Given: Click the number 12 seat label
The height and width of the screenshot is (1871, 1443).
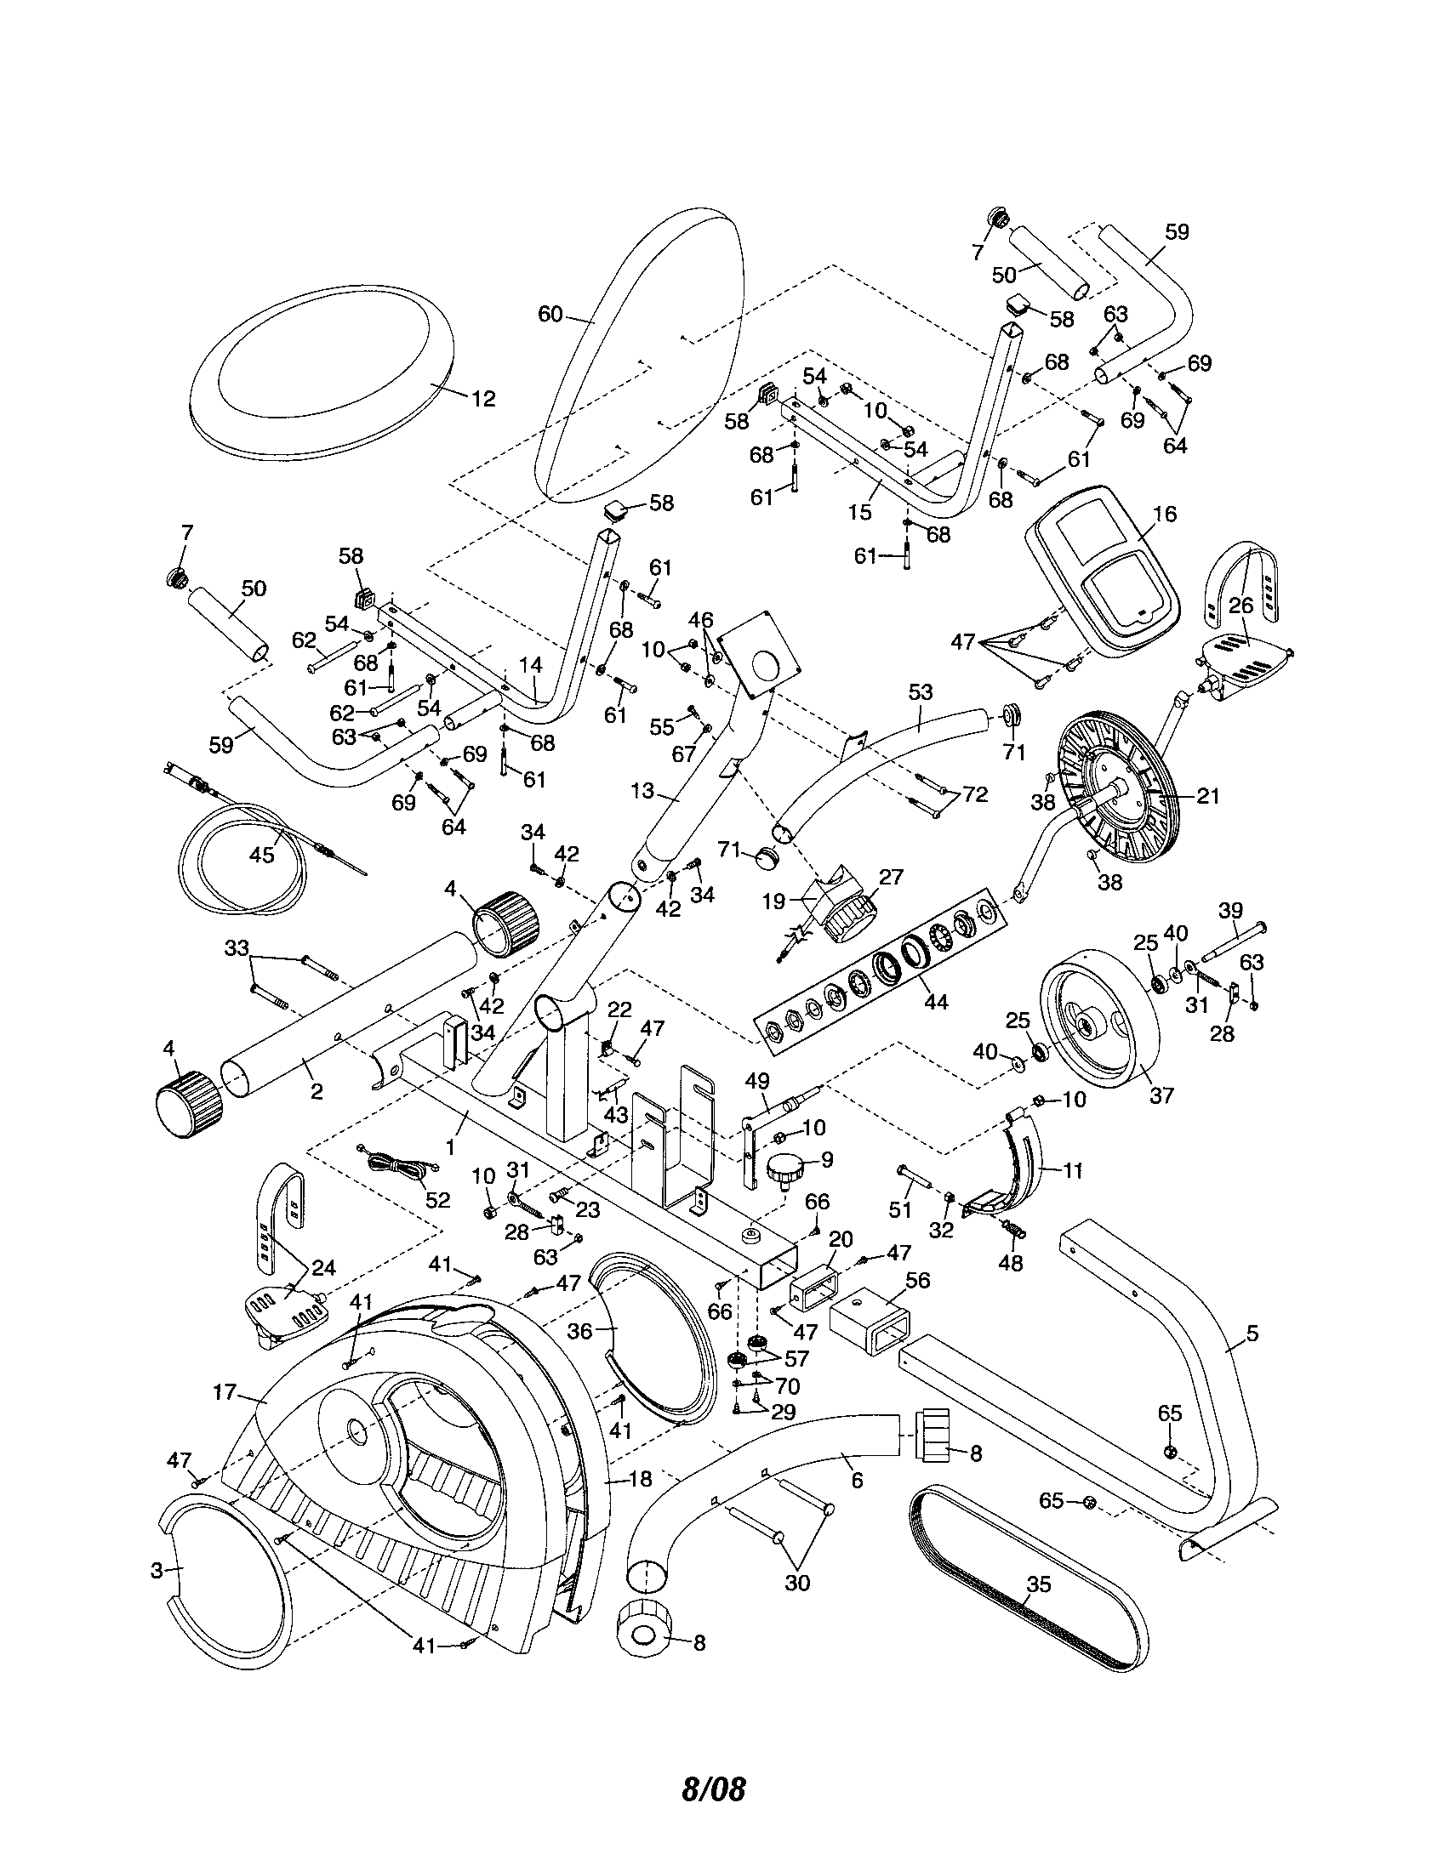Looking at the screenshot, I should click(x=483, y=398).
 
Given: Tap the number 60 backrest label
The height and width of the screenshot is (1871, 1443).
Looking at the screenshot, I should click(x=550, y=315).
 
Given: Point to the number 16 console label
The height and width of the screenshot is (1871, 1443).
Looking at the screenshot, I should click(x=1165, y=514).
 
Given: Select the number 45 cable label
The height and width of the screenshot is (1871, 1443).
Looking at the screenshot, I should click(x=262, y=854).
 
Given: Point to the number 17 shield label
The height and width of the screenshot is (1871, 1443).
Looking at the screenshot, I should click(x=225, y=1392).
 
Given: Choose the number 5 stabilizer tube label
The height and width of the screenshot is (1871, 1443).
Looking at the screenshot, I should click(x=1252, y=1333).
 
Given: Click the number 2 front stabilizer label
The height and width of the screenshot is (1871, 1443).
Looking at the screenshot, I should click(x=317, y=1091).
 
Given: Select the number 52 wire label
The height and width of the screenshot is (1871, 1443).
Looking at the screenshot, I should click(x=437, y=1199).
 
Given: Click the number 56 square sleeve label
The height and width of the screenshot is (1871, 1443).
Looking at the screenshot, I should click(x=917, y=1280).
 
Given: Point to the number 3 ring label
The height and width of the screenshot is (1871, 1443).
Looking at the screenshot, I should click(x=157, y=1570).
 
